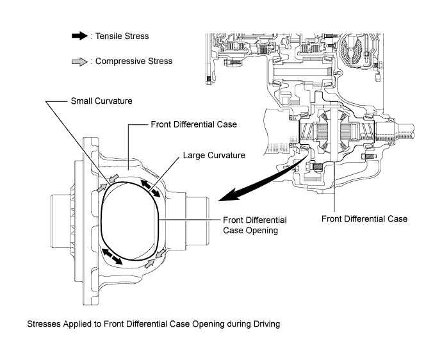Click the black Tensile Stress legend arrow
pyautogui.click(x=80, y=36)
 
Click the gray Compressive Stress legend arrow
pyautogui.click(x=80, y=61)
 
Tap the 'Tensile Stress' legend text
pyautogui.click(x=122, y=36)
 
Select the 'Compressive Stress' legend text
pyautogui.click(x=134, y=61)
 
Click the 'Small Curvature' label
pyautogui.click(x=101, y=101)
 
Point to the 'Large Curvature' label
pyautogui.click(x=214, y=155)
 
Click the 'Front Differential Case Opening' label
pyautogui.click(x=255, y=225)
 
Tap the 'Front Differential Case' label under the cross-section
pyautogui.click(x=364, y=219)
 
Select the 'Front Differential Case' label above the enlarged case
pyautogui.click(x=193, y=124)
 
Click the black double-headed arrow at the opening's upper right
pyautogui.click(x=151, y=188)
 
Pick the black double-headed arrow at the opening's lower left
pyautogui.click(x=111, y=256)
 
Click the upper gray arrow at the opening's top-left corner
pyautogui.click(x=113, y=178)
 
